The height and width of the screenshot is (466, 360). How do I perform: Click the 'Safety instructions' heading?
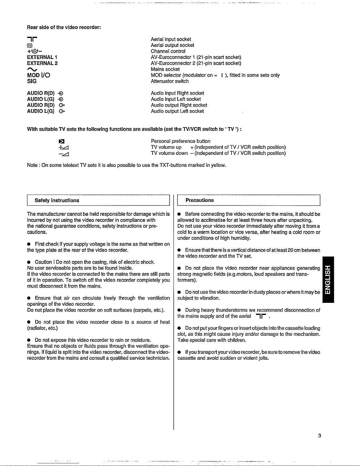point(57,201)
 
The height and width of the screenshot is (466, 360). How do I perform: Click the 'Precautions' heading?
point(200,200)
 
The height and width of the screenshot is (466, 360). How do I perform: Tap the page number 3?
point(319,436)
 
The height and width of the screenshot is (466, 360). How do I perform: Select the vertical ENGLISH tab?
point(328,279)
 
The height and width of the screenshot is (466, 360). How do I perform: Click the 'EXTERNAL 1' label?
point(42,57)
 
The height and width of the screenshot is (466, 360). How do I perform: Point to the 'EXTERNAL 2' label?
point(42,63)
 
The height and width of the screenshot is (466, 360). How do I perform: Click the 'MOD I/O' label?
point(38,75)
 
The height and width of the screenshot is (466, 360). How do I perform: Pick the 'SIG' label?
point(32,81)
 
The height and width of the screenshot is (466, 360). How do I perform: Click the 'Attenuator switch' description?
point(170,81)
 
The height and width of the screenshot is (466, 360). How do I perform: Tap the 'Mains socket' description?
point(165,69)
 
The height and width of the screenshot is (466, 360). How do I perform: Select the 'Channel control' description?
point(168,51)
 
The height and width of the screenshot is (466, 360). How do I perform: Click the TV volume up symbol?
point(63,148)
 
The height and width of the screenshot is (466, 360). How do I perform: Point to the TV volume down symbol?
point(63,154)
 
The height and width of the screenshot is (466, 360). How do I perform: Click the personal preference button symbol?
point(62,141)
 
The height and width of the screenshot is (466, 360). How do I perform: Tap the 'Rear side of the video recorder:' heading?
point(64,27)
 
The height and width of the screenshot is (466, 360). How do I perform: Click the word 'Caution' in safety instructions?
point(43,262)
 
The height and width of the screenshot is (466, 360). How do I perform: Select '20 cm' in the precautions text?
point(294,250)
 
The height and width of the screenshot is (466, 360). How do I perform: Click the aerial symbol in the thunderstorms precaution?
point(261,316)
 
